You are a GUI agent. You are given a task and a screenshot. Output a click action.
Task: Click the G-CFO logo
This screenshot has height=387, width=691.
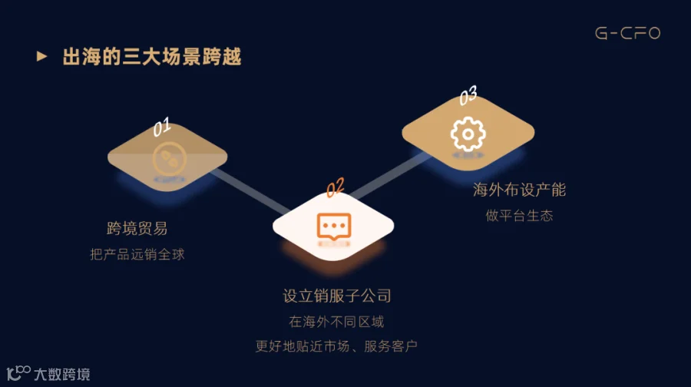[627, 33]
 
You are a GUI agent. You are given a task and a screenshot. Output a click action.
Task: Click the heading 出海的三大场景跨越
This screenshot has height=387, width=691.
[152, 58]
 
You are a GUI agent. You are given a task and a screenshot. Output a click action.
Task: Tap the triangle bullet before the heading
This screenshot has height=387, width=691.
[42, 57]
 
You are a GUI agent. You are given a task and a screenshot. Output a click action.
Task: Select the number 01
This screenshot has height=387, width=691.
[161, 127]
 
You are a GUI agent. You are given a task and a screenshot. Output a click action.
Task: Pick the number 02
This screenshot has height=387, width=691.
[336, 187]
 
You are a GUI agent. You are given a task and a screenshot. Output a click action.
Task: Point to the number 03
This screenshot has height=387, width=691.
[468, 95]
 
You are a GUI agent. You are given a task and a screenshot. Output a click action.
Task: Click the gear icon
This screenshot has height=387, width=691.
[468, 134]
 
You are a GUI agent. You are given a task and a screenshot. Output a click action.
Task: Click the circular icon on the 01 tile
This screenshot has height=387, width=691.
[167, 158]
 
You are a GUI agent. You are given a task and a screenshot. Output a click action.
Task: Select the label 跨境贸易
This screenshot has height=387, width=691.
[137, 228]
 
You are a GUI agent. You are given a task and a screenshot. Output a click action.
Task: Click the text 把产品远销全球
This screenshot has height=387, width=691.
[137, 254]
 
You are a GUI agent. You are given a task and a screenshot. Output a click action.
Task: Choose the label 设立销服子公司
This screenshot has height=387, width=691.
[337, 296]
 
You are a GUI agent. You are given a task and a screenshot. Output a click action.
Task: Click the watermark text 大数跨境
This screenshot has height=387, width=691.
[61, 375]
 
